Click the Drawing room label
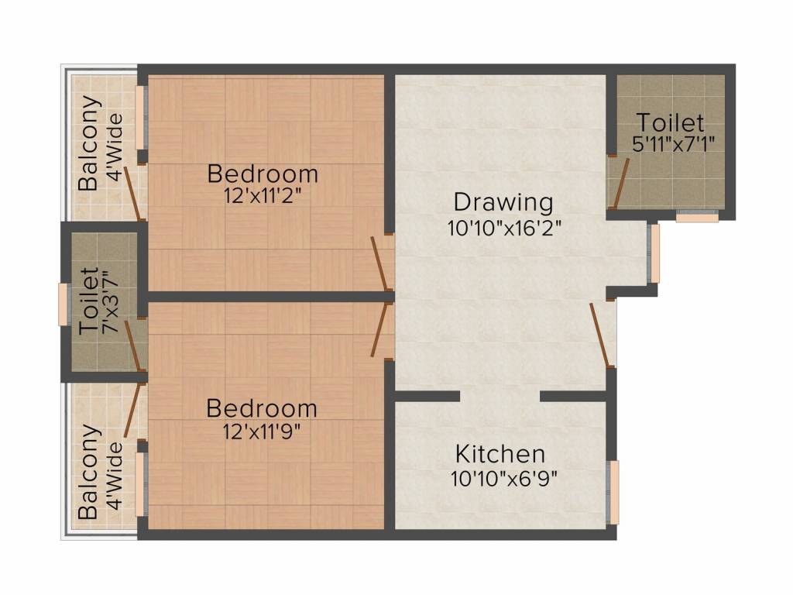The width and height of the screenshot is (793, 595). coord(503,204)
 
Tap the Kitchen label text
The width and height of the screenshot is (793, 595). coord(500,454)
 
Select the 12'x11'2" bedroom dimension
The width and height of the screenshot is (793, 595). coord(263,196)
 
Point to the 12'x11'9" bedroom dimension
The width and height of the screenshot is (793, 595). coord(262,431)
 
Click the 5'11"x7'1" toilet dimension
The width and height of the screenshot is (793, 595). coord(673,144)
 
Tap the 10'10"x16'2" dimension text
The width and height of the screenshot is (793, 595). coord(504,229)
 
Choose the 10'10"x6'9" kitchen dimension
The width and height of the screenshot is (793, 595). coord(503,477)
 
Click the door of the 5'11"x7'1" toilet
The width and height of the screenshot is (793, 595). coord(620,183)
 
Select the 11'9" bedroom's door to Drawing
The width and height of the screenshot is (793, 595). coord(381,329)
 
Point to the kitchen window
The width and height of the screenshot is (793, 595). coord(613,492)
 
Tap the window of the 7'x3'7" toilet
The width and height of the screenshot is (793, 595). coord(63,304)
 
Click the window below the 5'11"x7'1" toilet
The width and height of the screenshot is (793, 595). coord(698,217)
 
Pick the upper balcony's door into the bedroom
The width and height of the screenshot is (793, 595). coord(134,193)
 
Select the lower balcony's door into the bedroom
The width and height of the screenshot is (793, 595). coord(134,410)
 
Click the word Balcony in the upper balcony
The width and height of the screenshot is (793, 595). coord(88,143)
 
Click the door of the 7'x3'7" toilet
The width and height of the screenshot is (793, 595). coord(132,346)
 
